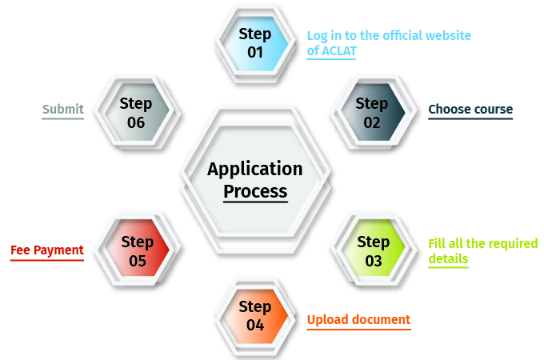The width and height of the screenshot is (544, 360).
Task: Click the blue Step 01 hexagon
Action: (x=255, y=43)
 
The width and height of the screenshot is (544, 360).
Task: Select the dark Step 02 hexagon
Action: (x=372, y=113)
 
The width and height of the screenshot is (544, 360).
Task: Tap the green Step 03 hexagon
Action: (x=374, y=251)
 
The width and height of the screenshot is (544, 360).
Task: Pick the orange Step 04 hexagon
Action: (x=255, y=316)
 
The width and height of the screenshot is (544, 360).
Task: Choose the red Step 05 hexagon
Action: (x=137, y=251)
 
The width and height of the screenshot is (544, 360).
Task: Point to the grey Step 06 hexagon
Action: (x=136, y=113)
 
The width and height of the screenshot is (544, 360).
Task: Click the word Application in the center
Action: (x=255, y=169)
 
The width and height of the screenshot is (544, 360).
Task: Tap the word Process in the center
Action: (x=255, y=191)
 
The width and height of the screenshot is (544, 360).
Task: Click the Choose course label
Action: (x=470, y=110)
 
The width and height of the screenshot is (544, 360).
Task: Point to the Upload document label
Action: (x=358, y=320)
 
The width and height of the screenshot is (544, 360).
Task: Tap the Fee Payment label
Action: (x=47, y=250)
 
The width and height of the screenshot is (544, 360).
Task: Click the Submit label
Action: (x=63, y=110)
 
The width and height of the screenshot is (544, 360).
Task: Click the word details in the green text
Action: (x=448, y=259)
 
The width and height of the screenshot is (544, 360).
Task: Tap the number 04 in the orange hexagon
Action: (x=255, y=325)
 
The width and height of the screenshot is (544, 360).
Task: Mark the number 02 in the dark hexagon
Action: (x=372, y=122)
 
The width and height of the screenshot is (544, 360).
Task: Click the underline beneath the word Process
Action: (x=255, y=202)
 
